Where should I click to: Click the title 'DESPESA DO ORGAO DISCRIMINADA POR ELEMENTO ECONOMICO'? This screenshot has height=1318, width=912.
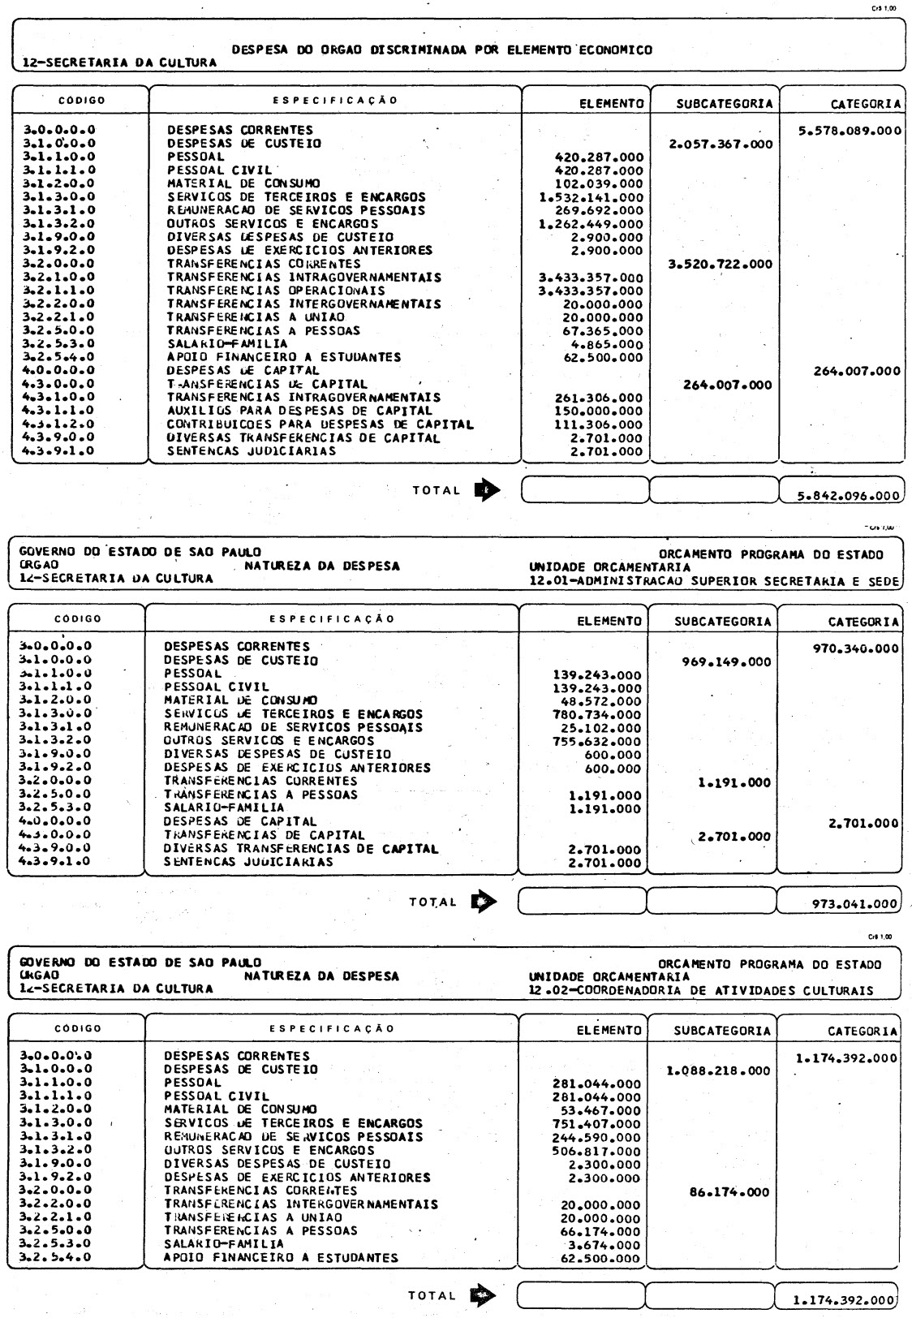click(441, 50)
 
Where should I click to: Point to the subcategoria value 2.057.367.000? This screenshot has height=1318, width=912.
click(720, 144)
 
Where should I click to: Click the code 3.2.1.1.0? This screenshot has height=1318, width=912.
click(60, 291)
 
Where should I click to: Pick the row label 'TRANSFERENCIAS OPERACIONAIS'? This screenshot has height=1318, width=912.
click(276, 291)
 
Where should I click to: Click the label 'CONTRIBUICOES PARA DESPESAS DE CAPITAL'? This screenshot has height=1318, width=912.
click(320, 424)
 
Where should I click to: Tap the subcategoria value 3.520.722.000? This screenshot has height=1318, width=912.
click(720, 265)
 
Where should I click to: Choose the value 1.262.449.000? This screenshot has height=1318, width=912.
click(591, 224)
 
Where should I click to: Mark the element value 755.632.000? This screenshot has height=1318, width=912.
click(596, 741)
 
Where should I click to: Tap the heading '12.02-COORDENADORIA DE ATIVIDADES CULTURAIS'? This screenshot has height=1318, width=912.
click(700, 990)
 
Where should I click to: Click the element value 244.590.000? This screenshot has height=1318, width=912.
click(596, 1137)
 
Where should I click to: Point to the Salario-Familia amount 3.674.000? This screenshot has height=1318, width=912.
click(604, 1244)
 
